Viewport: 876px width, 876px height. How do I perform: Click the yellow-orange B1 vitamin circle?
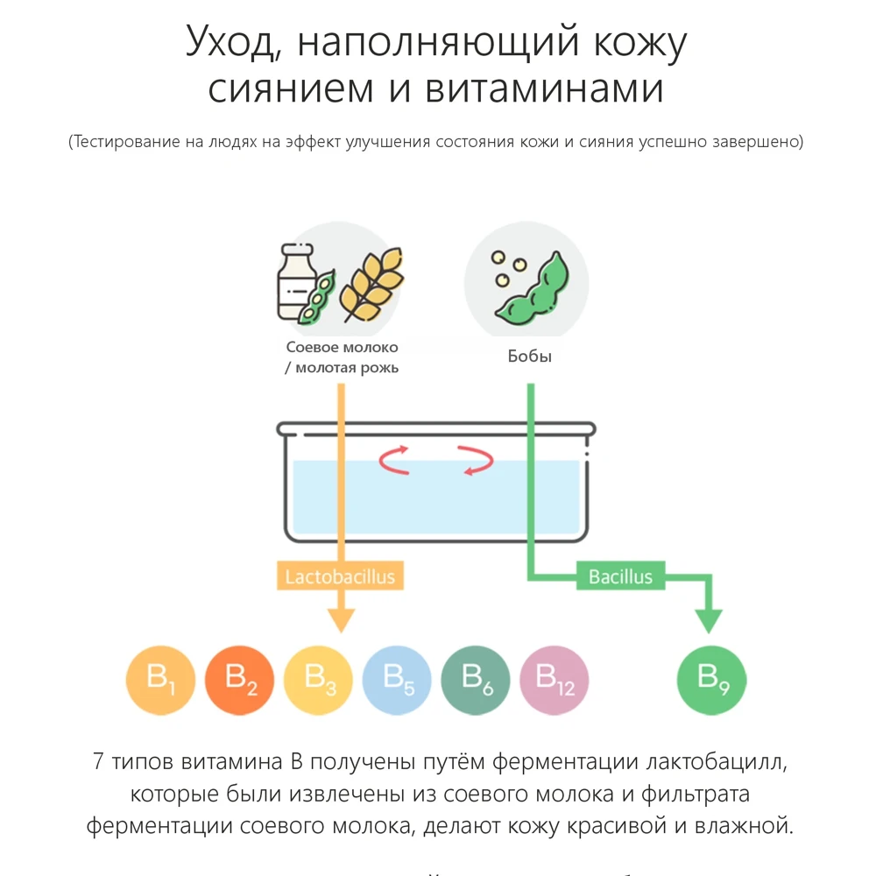click(160, 681)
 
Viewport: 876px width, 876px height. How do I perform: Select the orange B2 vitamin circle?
click(239, 681)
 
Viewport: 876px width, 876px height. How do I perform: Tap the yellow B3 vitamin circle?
click(318, 681)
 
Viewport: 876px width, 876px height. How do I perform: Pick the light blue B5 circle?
click(397, 681)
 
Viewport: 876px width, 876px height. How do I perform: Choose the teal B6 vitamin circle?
click(476, 681)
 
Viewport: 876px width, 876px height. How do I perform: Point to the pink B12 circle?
click(555, 681)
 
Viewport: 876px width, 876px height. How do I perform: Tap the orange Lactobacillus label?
click(340, 577)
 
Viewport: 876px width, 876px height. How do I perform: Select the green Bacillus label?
click(620, 577)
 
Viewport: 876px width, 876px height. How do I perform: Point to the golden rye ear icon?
click(372, 282)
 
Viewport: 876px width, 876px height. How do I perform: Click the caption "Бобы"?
click(530, 357)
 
